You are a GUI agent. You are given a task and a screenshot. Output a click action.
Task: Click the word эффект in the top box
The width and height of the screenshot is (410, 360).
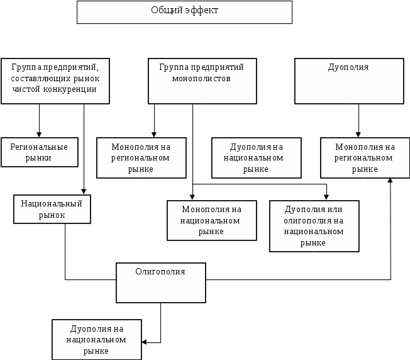pos(202,10)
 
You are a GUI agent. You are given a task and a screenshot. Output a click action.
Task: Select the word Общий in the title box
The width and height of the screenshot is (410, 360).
pos(167,10)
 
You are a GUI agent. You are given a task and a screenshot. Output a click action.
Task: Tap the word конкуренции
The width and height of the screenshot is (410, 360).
pos(70,89)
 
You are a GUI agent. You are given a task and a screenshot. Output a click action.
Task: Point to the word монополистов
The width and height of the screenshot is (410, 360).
pos(201,79)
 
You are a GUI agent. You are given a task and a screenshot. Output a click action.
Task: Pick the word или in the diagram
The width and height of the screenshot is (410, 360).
pos(334,210)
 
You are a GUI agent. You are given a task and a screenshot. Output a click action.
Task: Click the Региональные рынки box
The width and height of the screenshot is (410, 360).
pos(40,152)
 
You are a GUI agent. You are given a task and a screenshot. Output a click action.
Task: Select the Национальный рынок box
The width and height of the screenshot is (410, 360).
pos(52,209)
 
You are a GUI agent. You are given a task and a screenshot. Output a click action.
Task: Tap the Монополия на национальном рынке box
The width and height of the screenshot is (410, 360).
pos(212,220)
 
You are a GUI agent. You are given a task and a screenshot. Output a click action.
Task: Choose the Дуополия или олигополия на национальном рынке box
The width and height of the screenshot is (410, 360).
pos(314,226)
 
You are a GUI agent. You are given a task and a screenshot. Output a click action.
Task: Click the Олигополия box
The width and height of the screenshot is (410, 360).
pos(161,283)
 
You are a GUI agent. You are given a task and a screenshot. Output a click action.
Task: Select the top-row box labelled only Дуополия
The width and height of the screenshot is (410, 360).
pos(349,81)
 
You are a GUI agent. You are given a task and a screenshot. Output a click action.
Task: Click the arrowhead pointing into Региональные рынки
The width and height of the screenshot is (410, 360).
pos(39,135)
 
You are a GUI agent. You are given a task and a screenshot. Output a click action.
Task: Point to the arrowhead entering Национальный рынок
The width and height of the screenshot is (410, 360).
pos(84,192)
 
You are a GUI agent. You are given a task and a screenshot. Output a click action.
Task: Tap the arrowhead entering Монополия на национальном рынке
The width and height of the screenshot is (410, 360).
pos(192,198)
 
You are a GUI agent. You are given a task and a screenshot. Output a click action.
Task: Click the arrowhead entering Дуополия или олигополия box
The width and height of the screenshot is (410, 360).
pos(326,198)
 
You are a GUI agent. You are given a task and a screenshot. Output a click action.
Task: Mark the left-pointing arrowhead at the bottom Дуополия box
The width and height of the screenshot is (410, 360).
pos(144,342)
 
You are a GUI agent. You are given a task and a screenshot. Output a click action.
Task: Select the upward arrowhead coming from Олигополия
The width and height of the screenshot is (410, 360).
pos(390,181)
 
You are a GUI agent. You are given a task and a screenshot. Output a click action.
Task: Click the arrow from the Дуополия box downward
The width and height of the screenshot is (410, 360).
pos(358,121)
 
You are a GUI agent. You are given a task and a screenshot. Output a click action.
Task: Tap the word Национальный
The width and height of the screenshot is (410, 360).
pos(52,203)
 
